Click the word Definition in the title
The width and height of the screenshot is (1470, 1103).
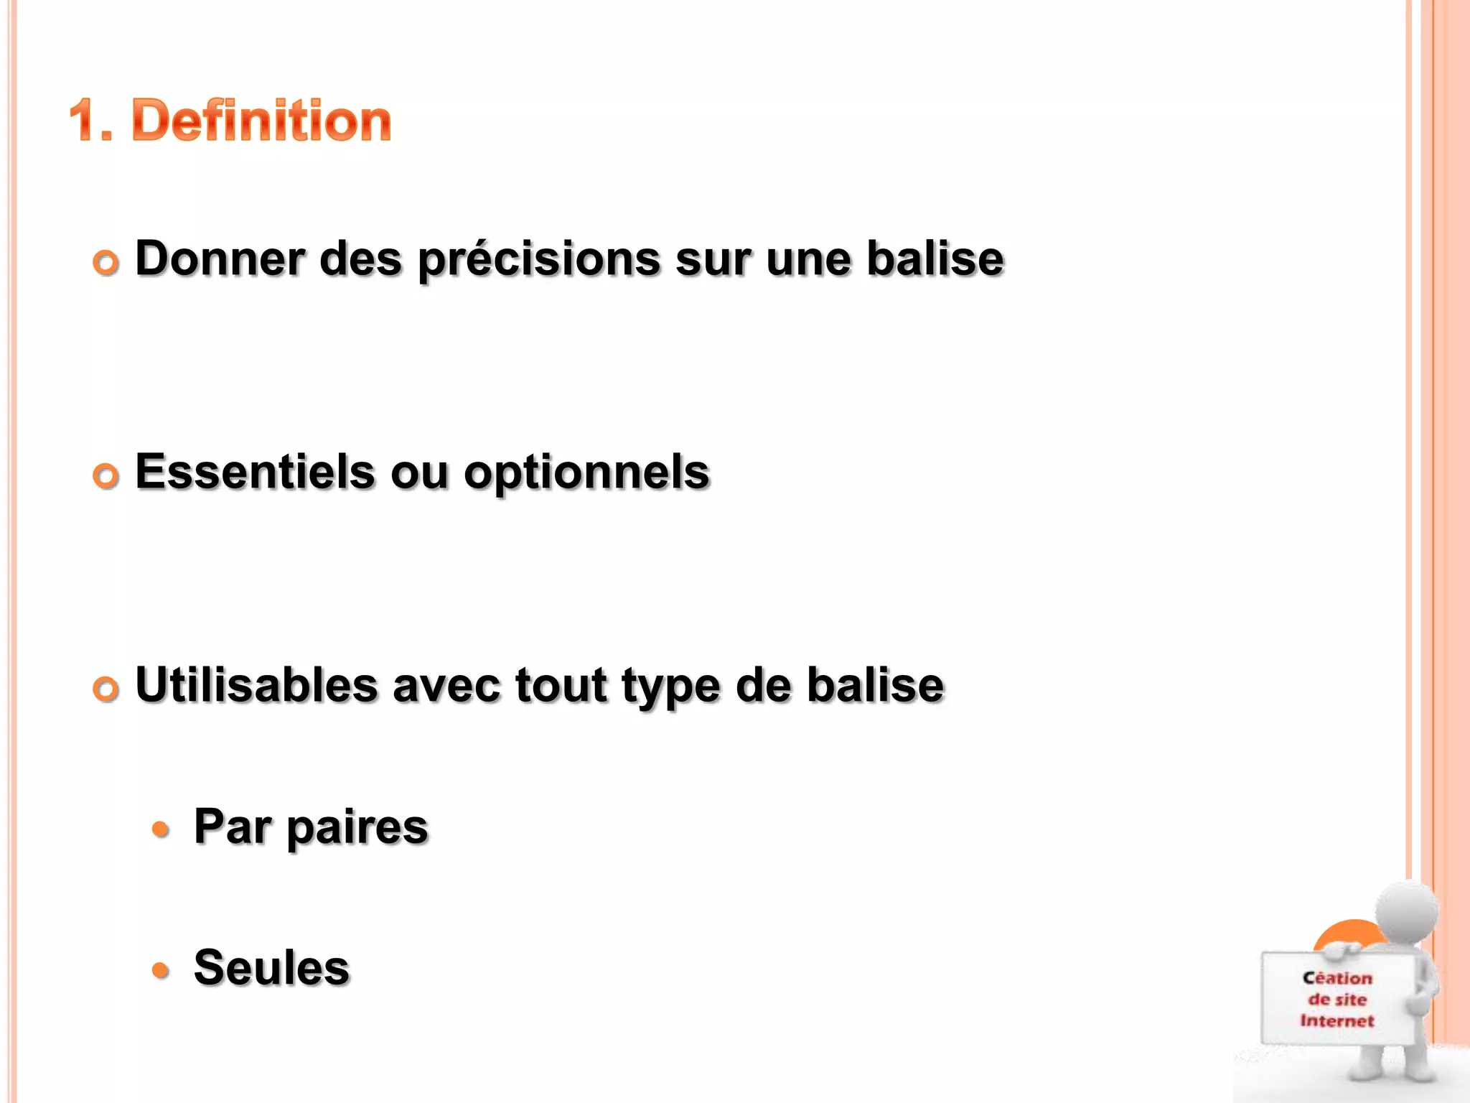pyautogui.click(x=262, y=121)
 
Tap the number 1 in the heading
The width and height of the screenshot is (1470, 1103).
pyautogui.click(x=85, y=121)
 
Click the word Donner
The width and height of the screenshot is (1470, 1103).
pyautogui.click(x=220, y=259)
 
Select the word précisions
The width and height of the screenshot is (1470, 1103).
pyautogui.click(x=539, y=260)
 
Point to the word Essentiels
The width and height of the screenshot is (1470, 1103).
pyautogui.click(x=255, y=473)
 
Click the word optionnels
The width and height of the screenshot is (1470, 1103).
pyautogui.click(x=586, y=474)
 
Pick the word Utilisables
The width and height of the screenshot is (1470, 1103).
pyautogui.click(x=256, y=685)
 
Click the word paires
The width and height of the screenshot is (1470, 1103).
pyautogui.click(x=357, y=828)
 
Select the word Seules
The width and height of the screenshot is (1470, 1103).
pyautogui.click(x=271, y=967)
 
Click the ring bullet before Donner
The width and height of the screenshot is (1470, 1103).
pyautogui.click(x=106, y=263)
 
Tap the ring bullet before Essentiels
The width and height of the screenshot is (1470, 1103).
pyautogui.click(x=106, y=476)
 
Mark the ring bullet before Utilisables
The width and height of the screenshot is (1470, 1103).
pyautogui.click(x=106, y=689)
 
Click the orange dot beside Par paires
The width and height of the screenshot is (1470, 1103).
pyautogui.click(x=161, y=830)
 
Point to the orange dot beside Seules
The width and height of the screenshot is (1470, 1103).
pyautogui.click(x=161, y=971)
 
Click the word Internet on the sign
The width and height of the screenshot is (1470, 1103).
pyautogui.click(x=1336, y=1020)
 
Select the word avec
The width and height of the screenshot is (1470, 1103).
pyautogui.click(x=446, y=686)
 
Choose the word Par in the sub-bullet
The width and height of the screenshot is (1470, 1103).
pyautogui.click(x=232, y=827)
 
